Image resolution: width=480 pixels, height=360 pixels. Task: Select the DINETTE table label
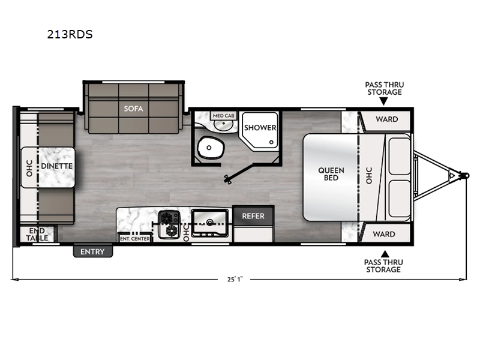click(x=56, y=166)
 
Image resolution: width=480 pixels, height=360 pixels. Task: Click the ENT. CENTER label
click(x=135, y=238)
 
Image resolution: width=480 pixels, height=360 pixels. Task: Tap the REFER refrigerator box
click(x=253, y=216)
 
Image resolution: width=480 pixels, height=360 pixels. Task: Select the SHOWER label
click(x=260, y=128)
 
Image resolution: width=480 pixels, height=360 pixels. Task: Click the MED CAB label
click(x=223, y=114)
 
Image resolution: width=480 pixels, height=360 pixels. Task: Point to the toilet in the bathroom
click(x=211, y=146)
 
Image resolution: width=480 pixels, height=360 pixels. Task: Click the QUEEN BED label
click(x=331, y=173)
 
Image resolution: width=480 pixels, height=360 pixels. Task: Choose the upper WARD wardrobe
click(x=386, y=119)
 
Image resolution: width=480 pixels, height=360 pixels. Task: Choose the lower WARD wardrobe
click(x=386, y=233)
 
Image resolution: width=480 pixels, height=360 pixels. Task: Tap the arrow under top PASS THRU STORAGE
click(x=384, y=101)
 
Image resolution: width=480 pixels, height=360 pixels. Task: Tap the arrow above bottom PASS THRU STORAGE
click(x=384, y=252)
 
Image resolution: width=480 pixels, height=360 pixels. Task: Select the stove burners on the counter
click(x=170, y=223)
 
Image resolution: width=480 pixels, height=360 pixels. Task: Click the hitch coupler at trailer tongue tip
click(x=465, y=175)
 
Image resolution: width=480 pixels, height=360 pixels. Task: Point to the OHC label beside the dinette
click(x=28, y=166)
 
